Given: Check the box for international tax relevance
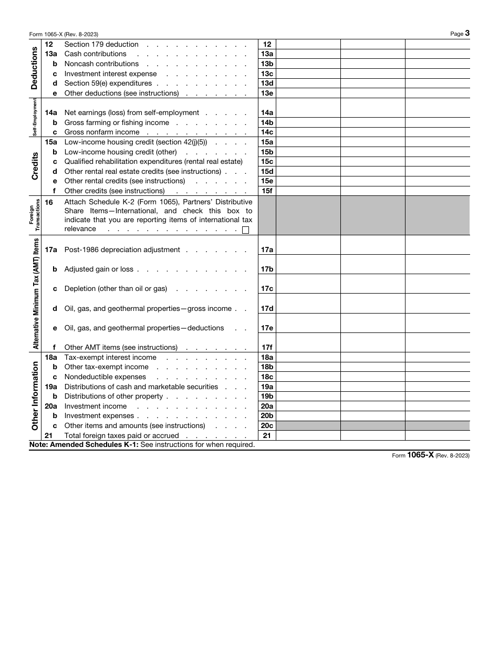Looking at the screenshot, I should coord(245,230).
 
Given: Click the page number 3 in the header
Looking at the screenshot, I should coord(467,33).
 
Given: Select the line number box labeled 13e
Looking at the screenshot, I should coord(267,93).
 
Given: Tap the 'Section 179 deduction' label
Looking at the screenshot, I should coord(101,45).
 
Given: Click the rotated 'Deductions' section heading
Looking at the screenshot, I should coord(35,68).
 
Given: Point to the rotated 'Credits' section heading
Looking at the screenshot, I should coord(35,166).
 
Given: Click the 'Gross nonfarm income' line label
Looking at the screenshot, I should coord(102,132).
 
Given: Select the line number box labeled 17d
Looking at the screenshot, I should coord(267,309).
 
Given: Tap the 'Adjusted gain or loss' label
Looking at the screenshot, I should coord(99,269).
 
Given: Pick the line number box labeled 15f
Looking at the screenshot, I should coord(267,191).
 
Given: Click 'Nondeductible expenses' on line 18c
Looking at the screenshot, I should coord(105,377).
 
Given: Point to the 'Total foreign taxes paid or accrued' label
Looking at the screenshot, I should coord(121,435).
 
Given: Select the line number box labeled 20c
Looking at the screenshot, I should coord(267,426).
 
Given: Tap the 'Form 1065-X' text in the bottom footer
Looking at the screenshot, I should coord(413,455).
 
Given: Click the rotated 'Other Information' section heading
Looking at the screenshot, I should coord(35,395).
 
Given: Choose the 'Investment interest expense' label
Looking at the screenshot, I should coord(110,74).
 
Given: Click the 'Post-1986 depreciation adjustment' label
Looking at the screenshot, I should coord(122,250).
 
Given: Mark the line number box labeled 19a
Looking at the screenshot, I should coord(267,387).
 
